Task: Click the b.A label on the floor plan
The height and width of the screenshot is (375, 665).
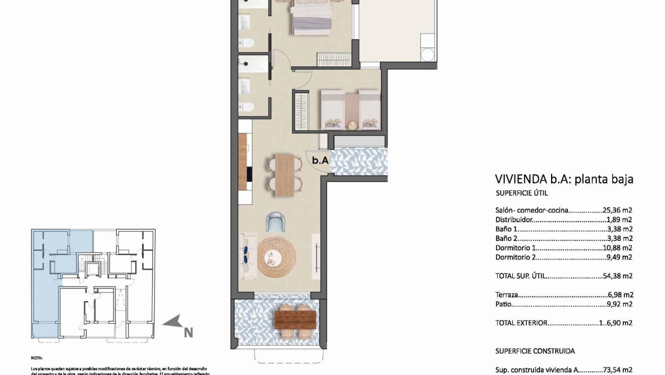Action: (320, 160)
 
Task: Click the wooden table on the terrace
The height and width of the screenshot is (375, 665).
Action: (294, 318)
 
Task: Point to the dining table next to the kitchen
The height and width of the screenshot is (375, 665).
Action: (284, 174)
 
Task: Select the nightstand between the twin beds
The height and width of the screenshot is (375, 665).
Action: (352, 124)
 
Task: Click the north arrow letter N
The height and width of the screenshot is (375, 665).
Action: (188, 333)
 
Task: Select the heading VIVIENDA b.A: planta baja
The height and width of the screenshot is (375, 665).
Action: (564, 179)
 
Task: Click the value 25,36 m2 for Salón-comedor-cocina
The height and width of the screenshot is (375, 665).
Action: (618, 210)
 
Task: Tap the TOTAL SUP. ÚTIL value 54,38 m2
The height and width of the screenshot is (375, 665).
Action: (618, 276)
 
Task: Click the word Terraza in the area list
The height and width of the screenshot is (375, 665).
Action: (506, 295)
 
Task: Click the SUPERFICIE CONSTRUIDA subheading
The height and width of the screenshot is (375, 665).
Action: (535, 351)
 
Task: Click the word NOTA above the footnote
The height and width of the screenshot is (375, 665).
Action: (37, 357)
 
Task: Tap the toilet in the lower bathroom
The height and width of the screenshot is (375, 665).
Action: (247, 107)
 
